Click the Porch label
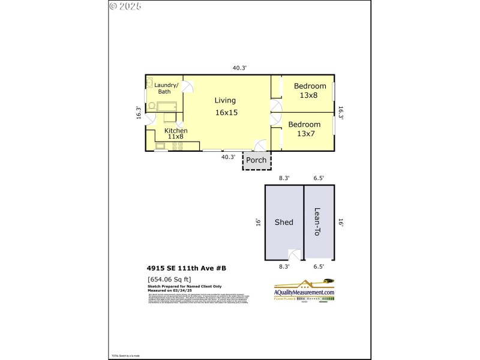[x=256, y=160]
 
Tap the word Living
[x=226, y=100]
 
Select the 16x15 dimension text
[x=226, y=112]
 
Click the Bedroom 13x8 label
[x=310, y=91]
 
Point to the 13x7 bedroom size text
[x=306, y=133]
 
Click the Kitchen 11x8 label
[x=176, y=133]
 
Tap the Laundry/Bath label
[x=164, y=88]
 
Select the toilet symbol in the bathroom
[x=152, y=107]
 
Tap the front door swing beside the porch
[x=260, y=145]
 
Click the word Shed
[x=284, y=222]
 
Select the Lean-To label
[x=318, y=222]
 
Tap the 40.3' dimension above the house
[x=239, y=68]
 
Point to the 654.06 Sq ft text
[x=169, y=279]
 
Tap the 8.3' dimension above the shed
[x=284, y=178]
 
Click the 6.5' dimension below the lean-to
[x=318, y=266]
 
